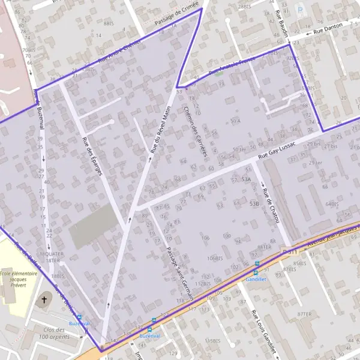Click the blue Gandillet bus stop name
coord(256,279)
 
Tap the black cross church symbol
coord(44,299)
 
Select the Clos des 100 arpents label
coord(55,333)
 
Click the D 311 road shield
coord(290,250)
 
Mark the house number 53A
coord(246,179)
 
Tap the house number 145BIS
coord(213,340)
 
